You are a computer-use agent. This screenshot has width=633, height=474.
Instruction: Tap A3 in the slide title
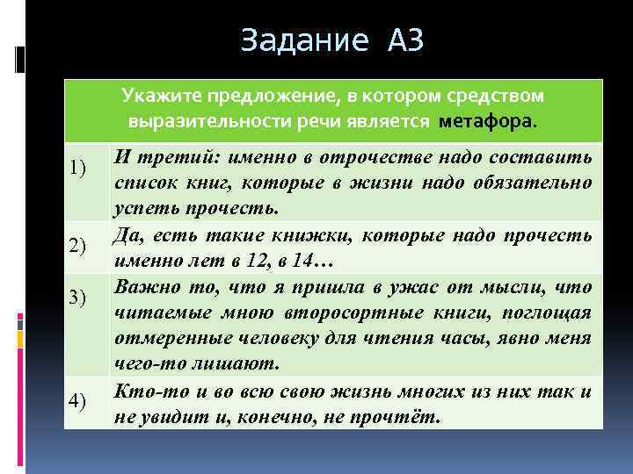click(404, 40)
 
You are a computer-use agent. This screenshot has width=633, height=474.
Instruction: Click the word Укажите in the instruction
click(156, 95)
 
